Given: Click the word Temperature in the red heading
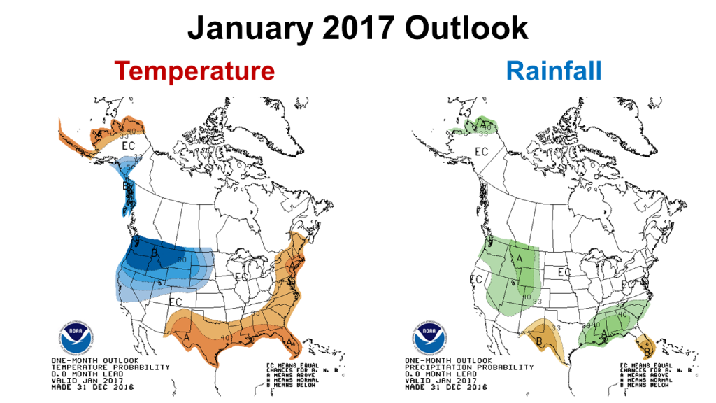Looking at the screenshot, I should [x=194, y=71].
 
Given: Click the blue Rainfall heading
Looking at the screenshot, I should [x=553, y=71].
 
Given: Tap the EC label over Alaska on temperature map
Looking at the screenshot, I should [x=128, y=146].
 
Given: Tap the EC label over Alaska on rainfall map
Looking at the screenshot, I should [x=482, y=151].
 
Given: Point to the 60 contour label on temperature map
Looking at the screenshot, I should [x=182, y=261].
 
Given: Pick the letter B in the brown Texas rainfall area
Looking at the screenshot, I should [x=538, y=341].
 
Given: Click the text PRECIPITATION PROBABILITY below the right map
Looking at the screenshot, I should [x=465, y=367].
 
